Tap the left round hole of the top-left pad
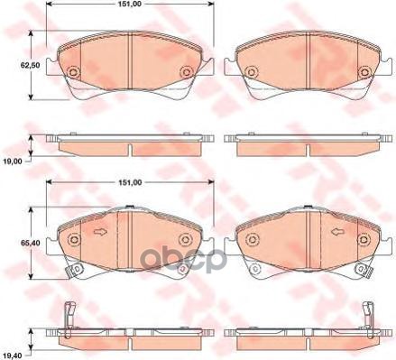click(x=75, y=73)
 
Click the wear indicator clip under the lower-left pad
click(x=76, y=269)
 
